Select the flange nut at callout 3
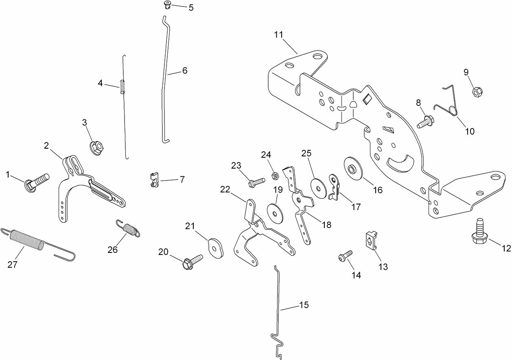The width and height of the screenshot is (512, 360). pyautogui.click(x=96, y=147)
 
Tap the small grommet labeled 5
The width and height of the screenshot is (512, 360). pyautogui.click(x=166, y=5)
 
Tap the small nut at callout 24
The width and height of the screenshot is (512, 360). pyautogui.click(x=275, y=176)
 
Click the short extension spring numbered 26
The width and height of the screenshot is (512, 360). pyautogui.click(x=128, y=229)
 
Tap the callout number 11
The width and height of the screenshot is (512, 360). pyautogui.click(x=278, y=35)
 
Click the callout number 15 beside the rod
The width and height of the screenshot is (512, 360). pyautogui.click(x=304, y=305)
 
